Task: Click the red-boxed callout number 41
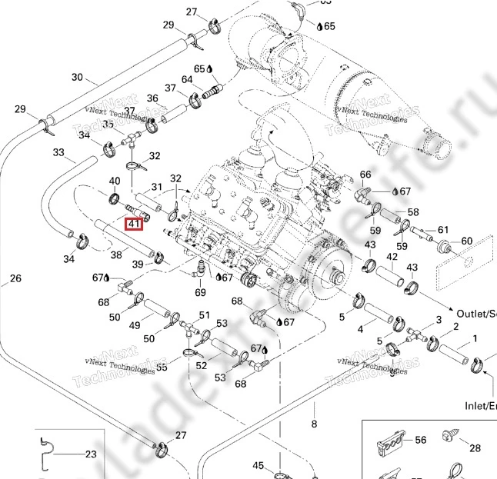(x=134, y=224)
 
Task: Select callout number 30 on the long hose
(x=77, y=77)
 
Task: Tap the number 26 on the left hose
(x=15, y=278)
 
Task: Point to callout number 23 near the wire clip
(x=91, y=454)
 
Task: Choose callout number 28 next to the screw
(x=475, y=447)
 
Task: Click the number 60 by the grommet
(x=466, y=241)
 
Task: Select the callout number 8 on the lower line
(x=313, y=424)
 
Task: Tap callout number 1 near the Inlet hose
(x=475, y=338)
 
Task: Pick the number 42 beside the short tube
(x=392, y=257)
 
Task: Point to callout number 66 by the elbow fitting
(x=365, y=175)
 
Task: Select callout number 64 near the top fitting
(x=187, y=79)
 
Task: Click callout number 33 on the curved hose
(x=59, y=152)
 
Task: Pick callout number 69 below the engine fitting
(x=200, y=293)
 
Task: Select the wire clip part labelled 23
(x=47, y=453)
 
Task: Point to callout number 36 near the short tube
(x=152, y=98)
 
